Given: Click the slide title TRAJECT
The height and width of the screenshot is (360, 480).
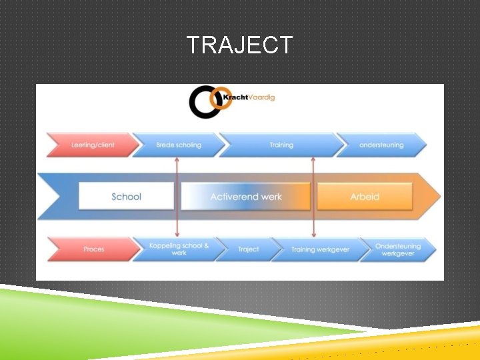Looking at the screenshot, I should [x=239, y=45].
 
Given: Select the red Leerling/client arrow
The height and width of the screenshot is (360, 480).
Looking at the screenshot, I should [x=91, y=145].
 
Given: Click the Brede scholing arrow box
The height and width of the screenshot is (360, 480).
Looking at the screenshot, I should [x=177, y=145].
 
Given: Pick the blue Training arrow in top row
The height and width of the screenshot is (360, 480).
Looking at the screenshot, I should [x=281, y=145].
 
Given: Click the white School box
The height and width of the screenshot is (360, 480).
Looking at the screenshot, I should [x=126, y=197].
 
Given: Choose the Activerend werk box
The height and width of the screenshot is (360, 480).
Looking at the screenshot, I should [x=246, y=197].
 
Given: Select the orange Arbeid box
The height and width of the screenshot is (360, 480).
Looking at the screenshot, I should [x=365, y=197].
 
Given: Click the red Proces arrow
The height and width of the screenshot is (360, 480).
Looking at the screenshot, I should [x=92, y=249].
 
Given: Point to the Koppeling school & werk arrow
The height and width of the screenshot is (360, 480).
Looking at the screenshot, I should [x=178, y=249].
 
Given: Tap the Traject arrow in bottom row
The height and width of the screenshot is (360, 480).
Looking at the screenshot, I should [x=248, y=249].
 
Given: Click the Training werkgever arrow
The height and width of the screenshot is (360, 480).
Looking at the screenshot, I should [x=320, y=249].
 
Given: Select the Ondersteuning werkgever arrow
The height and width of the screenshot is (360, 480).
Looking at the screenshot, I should [x=397, y=249].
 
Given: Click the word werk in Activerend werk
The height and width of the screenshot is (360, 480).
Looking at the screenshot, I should [x=271, y=197].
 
